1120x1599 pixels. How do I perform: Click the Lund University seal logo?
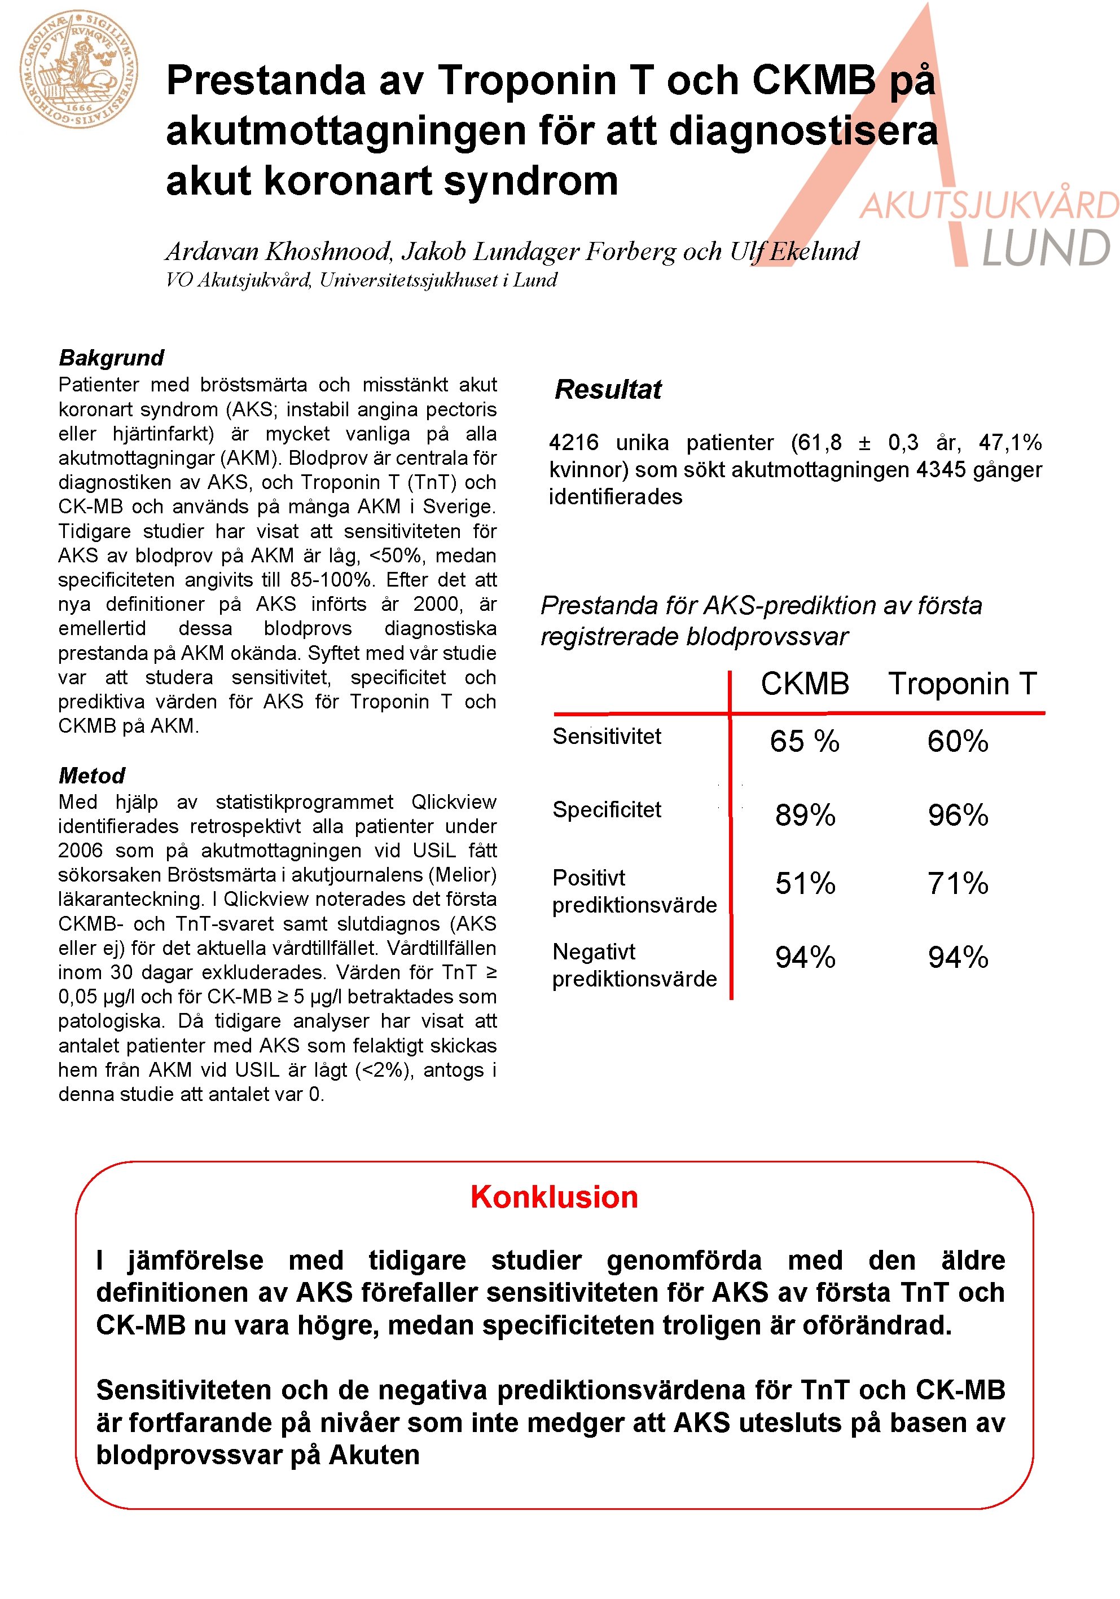[x=78, y=69]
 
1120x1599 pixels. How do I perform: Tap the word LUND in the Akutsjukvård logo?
[x=1046, y=249]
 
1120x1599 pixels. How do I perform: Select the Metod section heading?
[x=92, y=775]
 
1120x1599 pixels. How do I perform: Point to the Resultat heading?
[x=607, y=389]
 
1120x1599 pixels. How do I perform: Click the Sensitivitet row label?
[x=607, y=736]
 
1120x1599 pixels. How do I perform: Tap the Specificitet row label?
[x=607, y=810]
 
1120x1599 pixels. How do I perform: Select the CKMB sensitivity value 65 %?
[x=805, y=742]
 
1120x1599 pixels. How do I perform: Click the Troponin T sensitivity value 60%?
[x=958, y=742]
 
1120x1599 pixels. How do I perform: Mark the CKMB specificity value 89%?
[x=805, y=816]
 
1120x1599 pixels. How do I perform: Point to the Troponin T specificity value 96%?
[x=958, y=816]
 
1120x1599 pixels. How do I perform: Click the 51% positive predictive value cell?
[x=805, y=884]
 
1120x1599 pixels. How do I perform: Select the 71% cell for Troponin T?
[x=958, y=884]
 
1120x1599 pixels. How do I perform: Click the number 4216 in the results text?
[x=573, y=443]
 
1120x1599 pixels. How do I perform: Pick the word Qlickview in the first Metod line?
[x=454, y=801]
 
